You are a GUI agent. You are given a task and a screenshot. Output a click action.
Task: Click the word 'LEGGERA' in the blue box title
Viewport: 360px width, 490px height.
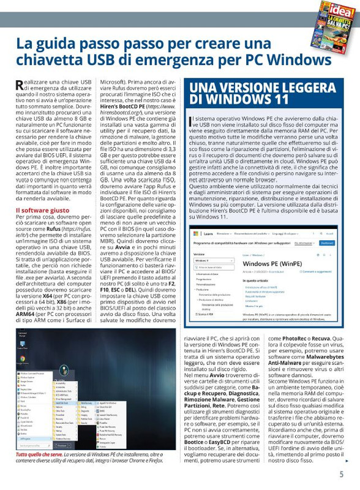click(x=304, y=86)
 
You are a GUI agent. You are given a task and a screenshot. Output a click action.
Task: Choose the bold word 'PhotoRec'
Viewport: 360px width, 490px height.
click(x=292, y=337)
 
